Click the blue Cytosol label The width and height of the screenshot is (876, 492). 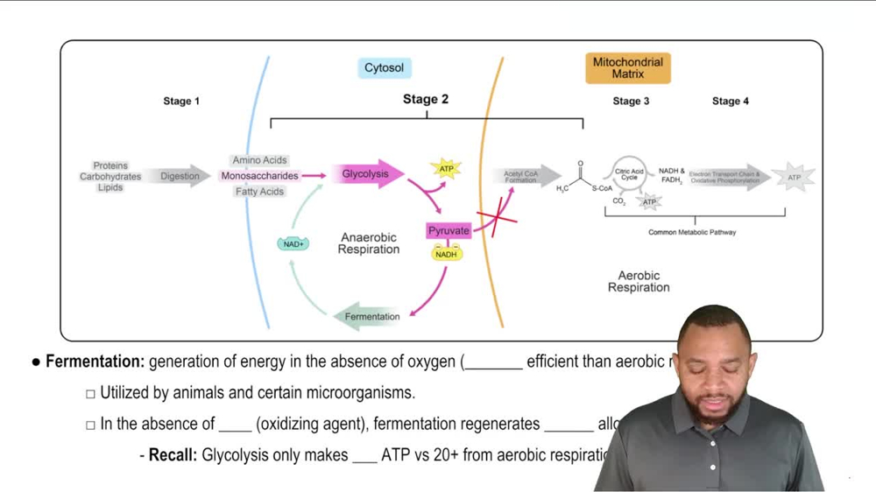(384, 68)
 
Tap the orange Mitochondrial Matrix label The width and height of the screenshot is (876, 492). (628, 68)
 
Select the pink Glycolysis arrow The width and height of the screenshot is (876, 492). (367, 175)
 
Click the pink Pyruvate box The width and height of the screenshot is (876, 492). (449, 231)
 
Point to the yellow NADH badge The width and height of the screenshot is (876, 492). (446, 254)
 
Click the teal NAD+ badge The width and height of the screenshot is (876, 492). (293, 244)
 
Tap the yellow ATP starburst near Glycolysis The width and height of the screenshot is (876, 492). (446, 168)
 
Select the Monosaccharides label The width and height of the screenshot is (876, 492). (259, 176)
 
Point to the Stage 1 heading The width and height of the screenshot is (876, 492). (181, 102)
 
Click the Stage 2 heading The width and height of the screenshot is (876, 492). (426, 100)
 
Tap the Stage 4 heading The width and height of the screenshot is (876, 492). (731, 102)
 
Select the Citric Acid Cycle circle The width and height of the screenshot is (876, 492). (629, 175)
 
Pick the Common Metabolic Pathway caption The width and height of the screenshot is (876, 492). (692, 233)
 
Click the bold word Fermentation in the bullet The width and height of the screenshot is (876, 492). (95, 362)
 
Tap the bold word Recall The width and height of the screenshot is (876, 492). (173, 455)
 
